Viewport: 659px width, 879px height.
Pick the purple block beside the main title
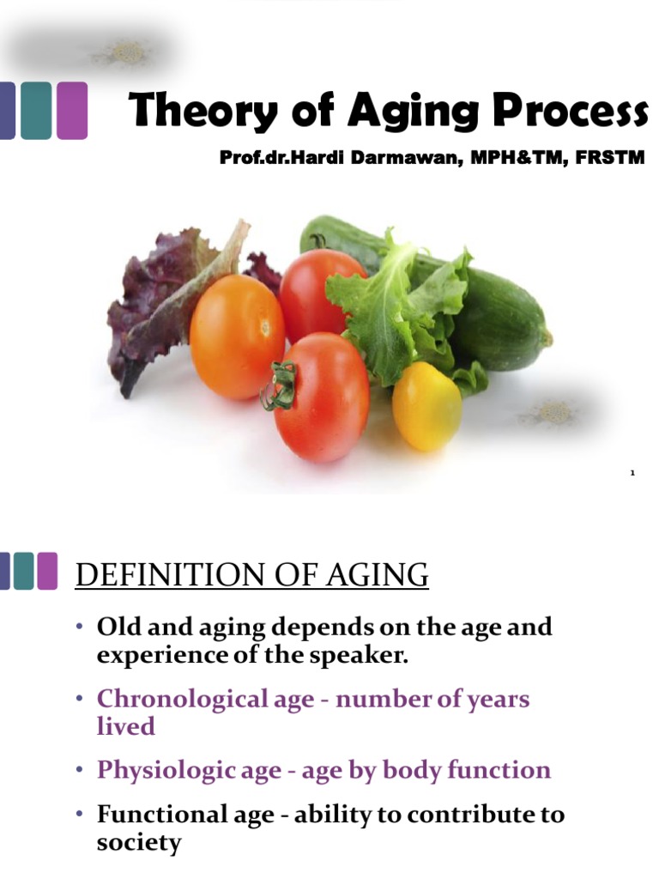point(72,110)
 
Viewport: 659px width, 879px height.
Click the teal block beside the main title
point(35,110)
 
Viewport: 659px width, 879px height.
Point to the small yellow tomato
point(426,405)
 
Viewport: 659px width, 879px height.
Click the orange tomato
point(237,336)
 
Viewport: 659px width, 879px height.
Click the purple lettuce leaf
point(154,300)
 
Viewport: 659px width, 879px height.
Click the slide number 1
point(632,473)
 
